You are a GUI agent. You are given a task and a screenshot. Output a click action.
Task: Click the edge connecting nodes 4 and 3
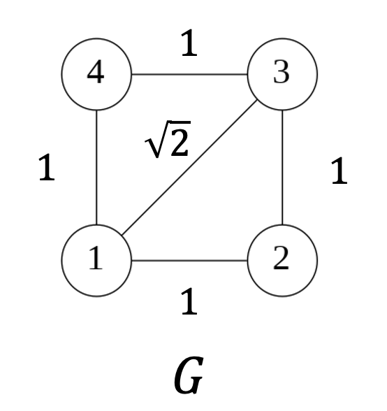[189, 74]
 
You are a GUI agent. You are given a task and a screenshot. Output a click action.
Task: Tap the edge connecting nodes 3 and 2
[282, 168]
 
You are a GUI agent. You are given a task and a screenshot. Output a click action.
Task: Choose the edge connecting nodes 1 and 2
[189, 261]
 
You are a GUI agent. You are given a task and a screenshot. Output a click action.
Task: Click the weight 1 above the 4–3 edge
[189, 45]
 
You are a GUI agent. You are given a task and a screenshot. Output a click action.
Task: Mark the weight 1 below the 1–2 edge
[189, 301]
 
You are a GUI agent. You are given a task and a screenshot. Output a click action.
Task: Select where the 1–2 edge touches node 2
[247, 261]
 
